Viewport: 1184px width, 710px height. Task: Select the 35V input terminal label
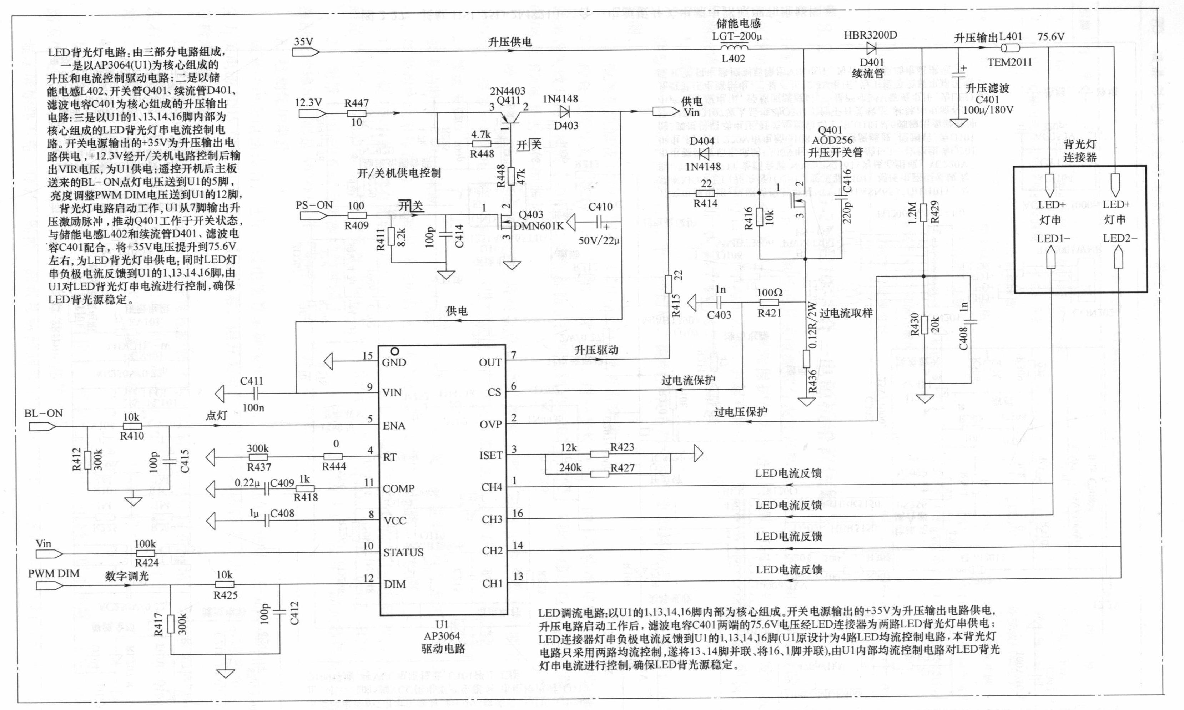[x=303, y=42]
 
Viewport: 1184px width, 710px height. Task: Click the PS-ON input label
[x=314, y=205]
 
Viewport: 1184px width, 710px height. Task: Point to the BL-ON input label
[x=43, y=414]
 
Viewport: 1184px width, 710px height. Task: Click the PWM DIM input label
[x=54, y=573]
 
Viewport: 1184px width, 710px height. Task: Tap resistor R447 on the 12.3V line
[x=357, y=113]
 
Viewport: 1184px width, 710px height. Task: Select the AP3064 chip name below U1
[x=442, y=636]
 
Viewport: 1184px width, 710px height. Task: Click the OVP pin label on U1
[x=490, y=424]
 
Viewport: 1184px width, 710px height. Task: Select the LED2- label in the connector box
[x=1120, y=238]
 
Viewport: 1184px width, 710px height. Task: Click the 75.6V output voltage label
[x=1051, y=37]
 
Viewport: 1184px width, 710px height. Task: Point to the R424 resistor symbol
[x=146, y=554]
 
